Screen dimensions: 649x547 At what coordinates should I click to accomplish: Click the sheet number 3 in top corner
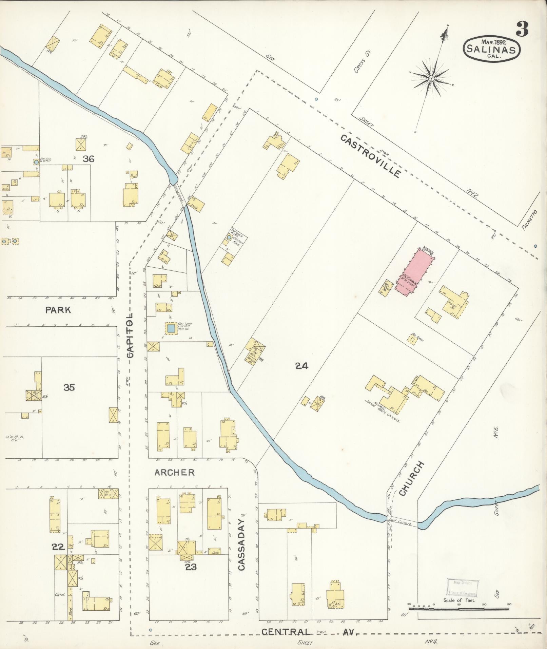522,29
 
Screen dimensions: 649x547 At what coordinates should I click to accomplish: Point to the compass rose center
431,79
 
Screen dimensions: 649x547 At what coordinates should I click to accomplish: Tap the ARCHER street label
174,472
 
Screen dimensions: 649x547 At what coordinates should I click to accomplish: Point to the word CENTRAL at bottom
285,632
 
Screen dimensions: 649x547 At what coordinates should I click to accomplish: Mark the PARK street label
59,310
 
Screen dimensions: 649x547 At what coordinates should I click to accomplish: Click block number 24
301,366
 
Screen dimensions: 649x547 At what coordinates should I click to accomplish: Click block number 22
58,547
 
